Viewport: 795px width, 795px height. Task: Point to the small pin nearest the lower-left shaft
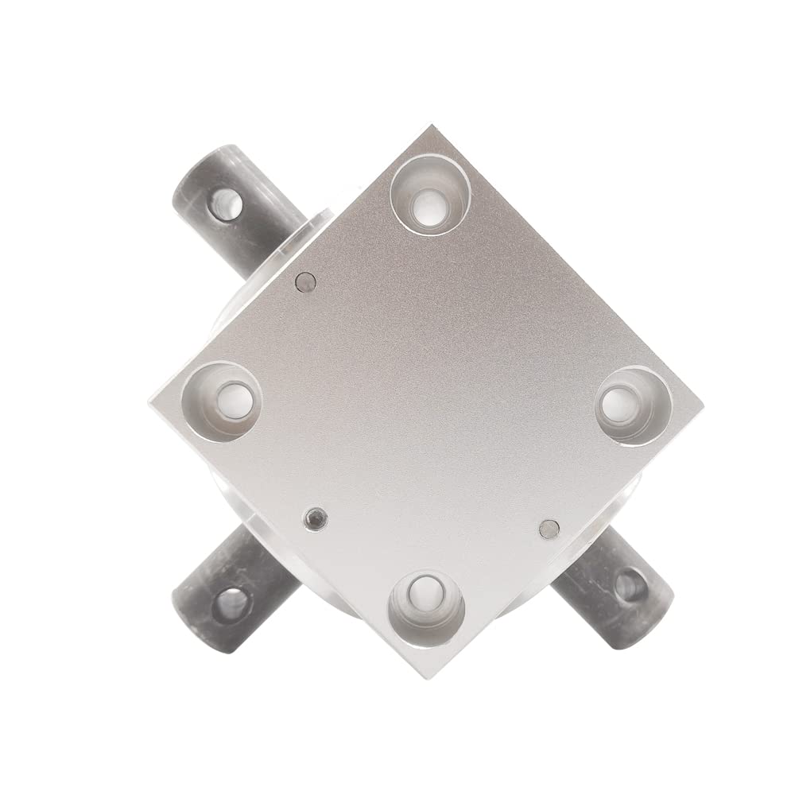pyautogui.click(x=316, y=519)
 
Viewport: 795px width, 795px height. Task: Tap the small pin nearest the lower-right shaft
pyautogui.click(x=549, y=527)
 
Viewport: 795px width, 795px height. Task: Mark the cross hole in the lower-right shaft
pyautogui.click(x=631, y=586)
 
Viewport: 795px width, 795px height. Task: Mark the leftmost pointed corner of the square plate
pyautogui.click(x=149, y=395)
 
